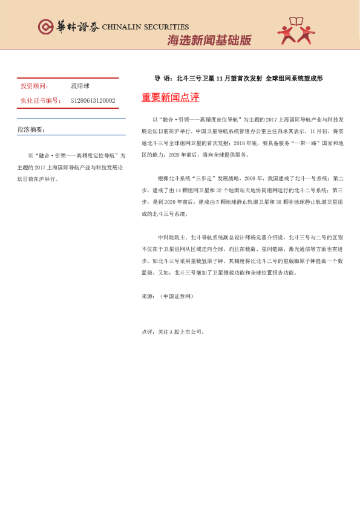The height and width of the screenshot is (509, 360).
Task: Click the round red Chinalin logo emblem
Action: (x=46, y=27)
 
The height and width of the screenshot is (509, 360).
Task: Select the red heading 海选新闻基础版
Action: (x=209, y=41)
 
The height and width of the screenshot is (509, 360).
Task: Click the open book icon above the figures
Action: (x=296, y=22)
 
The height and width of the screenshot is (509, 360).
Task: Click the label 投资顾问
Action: (x=34, y=86)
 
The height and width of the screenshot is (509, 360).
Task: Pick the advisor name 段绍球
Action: (x=80, y=86)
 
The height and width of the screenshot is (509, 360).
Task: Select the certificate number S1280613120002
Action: (x=93, y=100)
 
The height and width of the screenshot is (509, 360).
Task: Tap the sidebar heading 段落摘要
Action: (x=31, y=130)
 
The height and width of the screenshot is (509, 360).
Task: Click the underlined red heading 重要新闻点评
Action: (x=170, y=97)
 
